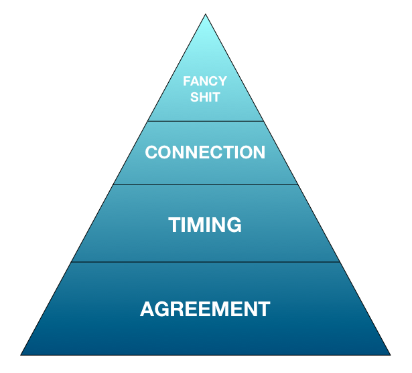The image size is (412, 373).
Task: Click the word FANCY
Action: point(205,82)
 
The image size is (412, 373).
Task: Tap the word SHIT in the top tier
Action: point(205,98)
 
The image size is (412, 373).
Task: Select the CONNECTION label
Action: point(205,152)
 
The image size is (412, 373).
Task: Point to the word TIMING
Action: point(205,225)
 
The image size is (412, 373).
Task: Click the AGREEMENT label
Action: point(205,309)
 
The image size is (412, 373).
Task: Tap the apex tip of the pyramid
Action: point(205,15)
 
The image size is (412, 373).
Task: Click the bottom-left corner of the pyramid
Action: point(21,354)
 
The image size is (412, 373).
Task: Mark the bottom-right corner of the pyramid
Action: point(390,354)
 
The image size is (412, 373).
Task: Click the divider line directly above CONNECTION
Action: point(205,121)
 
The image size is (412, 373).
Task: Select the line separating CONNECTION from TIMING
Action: point(205,184)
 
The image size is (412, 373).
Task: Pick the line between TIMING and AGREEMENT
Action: point(205,262)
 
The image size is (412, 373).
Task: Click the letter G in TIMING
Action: point(233,225)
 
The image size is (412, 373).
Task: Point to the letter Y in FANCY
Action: point(222,82)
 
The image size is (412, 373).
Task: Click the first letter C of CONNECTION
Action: point(151,152)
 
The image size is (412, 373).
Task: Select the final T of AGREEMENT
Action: point(264,309)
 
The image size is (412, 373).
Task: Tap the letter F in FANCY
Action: point(187,82)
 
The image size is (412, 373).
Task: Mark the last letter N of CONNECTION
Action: point(259,152)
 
